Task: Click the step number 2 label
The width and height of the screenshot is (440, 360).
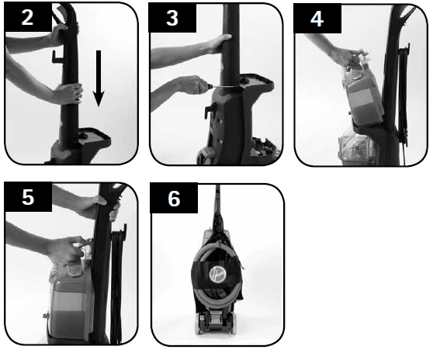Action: pyautogui.click(x=27, y=17)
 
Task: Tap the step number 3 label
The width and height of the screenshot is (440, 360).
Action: pyautogui.click(x=171, y=18)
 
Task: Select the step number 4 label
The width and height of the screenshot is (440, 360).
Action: pyautogui.click(x=317, y=19)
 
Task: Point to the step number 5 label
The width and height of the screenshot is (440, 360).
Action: pyautogui.click(x=28, y=197)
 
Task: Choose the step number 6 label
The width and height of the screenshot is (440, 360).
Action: pyautogui.click(x=174, y=199)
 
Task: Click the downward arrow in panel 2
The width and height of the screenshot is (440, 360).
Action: pyautogui.click(x=99, y=78)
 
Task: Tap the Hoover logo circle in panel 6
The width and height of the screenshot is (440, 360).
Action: pyautogui.click(x=218, y=274)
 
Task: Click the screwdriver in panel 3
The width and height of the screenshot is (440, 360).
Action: pyautogui.click(x=222, y=86)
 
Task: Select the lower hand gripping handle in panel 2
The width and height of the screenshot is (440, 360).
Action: pyautogui.click(x=69, y=93)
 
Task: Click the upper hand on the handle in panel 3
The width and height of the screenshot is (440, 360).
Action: pyautogui.click(x=220, y=43)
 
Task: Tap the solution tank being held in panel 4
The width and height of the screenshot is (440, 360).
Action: pyautogui.click(x=362, y=94)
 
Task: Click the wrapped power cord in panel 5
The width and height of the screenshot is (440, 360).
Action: pyautogui.click(x=116, y=283)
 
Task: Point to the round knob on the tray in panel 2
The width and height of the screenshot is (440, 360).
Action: pyautogui.click(x=83, y=136)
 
